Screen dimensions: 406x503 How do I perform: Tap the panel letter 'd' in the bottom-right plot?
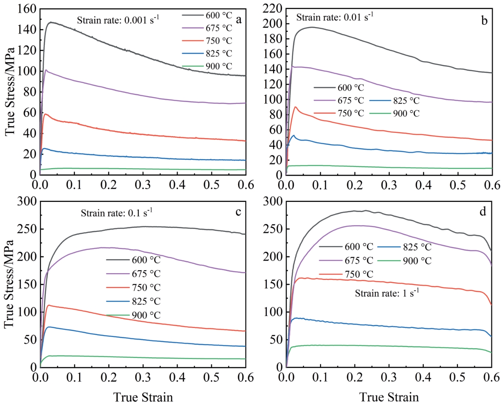click(483, 212)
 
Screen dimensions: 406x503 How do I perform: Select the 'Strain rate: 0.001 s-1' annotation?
click(118, 20)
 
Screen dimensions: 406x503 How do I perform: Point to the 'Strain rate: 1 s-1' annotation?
click(387, 293)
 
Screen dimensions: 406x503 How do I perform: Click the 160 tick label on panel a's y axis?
click(27, 9)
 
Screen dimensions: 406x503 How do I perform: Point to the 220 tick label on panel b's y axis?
click(273, 9)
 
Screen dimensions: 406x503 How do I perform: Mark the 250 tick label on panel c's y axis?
click(27, 229)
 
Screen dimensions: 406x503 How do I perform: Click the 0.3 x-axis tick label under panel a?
click(143, 185)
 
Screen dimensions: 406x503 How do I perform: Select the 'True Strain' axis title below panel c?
click(143, 397)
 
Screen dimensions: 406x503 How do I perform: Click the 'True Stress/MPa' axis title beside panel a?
click(10, 92)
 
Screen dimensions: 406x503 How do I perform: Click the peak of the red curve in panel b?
click(296, 107)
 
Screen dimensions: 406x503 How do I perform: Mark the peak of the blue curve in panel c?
click(48, 327)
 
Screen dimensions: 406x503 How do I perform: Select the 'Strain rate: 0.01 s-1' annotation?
click(335, 17)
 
